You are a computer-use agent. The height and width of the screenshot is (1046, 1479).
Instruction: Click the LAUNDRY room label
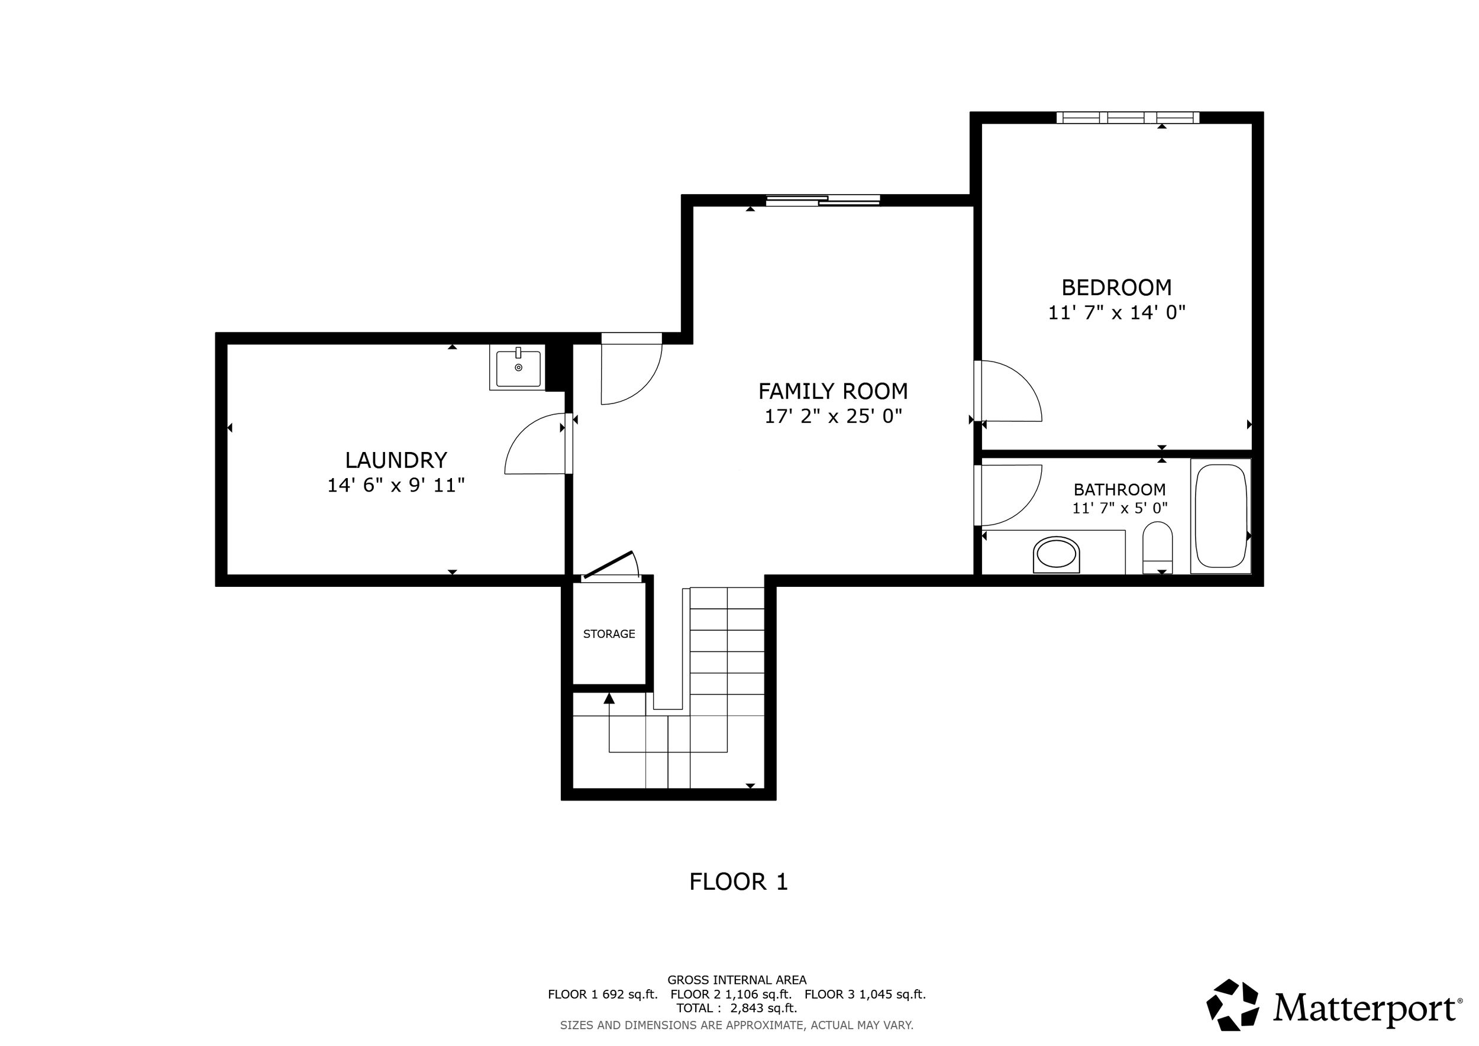click(396, 460)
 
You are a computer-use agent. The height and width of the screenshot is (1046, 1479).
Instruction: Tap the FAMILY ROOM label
click(833, 391)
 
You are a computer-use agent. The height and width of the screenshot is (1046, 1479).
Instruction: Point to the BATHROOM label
click(1119, 489)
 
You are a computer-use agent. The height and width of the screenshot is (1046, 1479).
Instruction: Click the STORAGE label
click(609, 634)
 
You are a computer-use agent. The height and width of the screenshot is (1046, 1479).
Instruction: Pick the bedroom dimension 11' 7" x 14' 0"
click(1116, 312)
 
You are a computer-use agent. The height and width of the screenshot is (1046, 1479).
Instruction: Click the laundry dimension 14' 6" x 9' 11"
click(396, 485)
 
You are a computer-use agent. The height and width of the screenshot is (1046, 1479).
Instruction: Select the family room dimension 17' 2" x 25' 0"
click(833, 416)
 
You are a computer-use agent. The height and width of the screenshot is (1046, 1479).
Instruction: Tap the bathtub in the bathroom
click(1220, 515)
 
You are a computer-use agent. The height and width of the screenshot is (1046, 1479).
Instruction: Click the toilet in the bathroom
click(1158, 547)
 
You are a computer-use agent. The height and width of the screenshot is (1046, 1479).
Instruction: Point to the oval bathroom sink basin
click(1057, 554)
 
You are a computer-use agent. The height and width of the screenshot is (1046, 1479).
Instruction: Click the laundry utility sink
click(518, 367)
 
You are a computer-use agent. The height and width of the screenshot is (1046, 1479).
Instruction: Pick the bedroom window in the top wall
click(1128, 117)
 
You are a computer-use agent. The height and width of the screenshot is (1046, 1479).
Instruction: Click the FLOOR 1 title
click(738, 882)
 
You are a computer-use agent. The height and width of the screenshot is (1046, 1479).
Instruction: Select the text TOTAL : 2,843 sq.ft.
click(737, 1008)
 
